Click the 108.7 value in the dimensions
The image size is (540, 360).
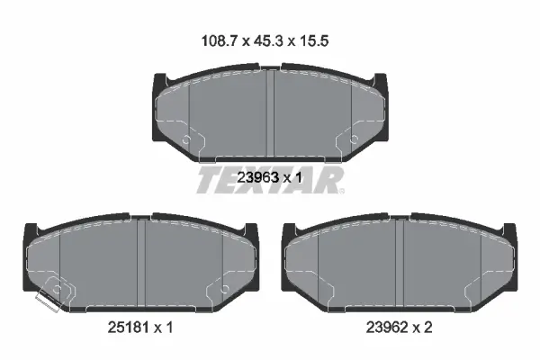220,41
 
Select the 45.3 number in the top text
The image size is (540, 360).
268,41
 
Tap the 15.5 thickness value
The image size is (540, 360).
314,41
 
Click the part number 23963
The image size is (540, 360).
257,178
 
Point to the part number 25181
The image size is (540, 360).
128,328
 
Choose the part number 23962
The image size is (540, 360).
386,328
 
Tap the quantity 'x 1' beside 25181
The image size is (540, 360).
163,328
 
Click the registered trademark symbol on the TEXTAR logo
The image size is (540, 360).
341,191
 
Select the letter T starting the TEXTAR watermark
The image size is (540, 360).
209,180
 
